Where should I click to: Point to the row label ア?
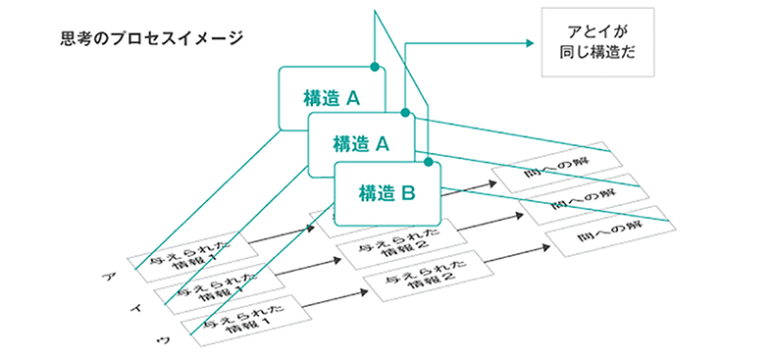tap(105, 279)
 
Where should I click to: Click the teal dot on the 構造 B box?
tap(428, 160)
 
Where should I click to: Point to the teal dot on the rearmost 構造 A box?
tap(374, 67)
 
